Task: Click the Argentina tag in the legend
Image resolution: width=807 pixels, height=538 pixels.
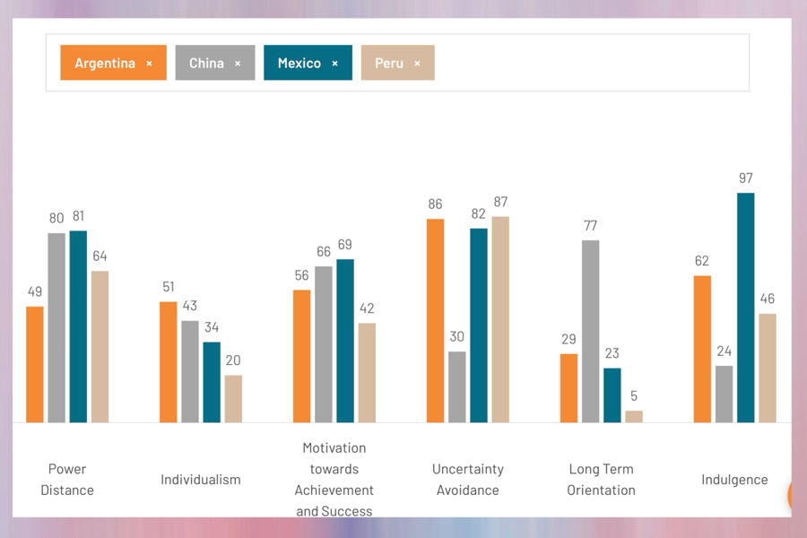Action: point(105,64)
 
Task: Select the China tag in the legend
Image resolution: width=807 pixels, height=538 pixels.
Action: point(207,64)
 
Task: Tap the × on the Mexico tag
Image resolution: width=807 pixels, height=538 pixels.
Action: point(335,64)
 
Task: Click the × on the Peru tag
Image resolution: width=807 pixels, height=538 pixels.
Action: point(417,64)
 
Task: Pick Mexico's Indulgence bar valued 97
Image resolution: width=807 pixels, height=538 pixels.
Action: point(746,308)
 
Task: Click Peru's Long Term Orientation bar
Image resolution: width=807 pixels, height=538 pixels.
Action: point(634,416)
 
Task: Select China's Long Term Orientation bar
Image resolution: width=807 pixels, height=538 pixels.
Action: point(590,331)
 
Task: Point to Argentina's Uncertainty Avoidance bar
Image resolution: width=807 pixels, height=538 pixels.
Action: point(436,320)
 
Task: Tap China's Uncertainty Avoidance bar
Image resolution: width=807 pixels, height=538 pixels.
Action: point(457,386)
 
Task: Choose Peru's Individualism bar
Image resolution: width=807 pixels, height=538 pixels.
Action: point(233,398)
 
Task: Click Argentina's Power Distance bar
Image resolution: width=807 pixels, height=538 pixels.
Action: point(35,364)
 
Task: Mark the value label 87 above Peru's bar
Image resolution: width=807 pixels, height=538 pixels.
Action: point(500,203)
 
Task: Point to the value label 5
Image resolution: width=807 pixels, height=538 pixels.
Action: point(634,396)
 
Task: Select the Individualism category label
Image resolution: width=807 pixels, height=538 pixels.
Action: point(201,480)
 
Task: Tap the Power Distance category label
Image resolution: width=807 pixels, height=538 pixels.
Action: point(67,480)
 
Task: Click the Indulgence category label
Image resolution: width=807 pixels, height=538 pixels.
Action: point(734,480)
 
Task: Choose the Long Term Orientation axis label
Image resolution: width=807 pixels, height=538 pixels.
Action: point(602,480)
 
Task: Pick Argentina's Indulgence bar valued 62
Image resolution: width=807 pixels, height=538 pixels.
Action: point(702,349)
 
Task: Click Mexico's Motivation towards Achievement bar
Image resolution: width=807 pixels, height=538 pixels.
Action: point(345,341)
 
